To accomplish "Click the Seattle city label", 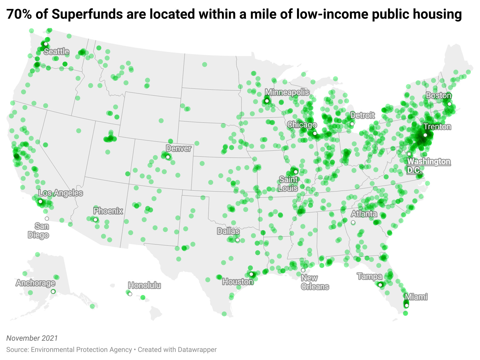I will tap(56, 51).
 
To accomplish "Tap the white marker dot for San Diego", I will tap(47, 219).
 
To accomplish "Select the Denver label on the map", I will tap(179, 149).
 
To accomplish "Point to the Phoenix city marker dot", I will tap(95, 220).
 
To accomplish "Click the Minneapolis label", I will tap(287, 92).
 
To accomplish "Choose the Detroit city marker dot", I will tap(352, 124).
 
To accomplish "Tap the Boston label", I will tap(439, 96).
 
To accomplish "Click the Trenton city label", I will tap(437, 127).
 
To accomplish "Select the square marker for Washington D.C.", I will tap(409, 154).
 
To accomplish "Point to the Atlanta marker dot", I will tap(353, 222).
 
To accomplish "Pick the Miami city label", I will tap(416, 297).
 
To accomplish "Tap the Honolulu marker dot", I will tap(130, 294).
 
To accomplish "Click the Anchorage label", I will tap(36, 283).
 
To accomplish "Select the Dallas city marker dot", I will tap(238, 240).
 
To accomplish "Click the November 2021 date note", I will tap(32, 338).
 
